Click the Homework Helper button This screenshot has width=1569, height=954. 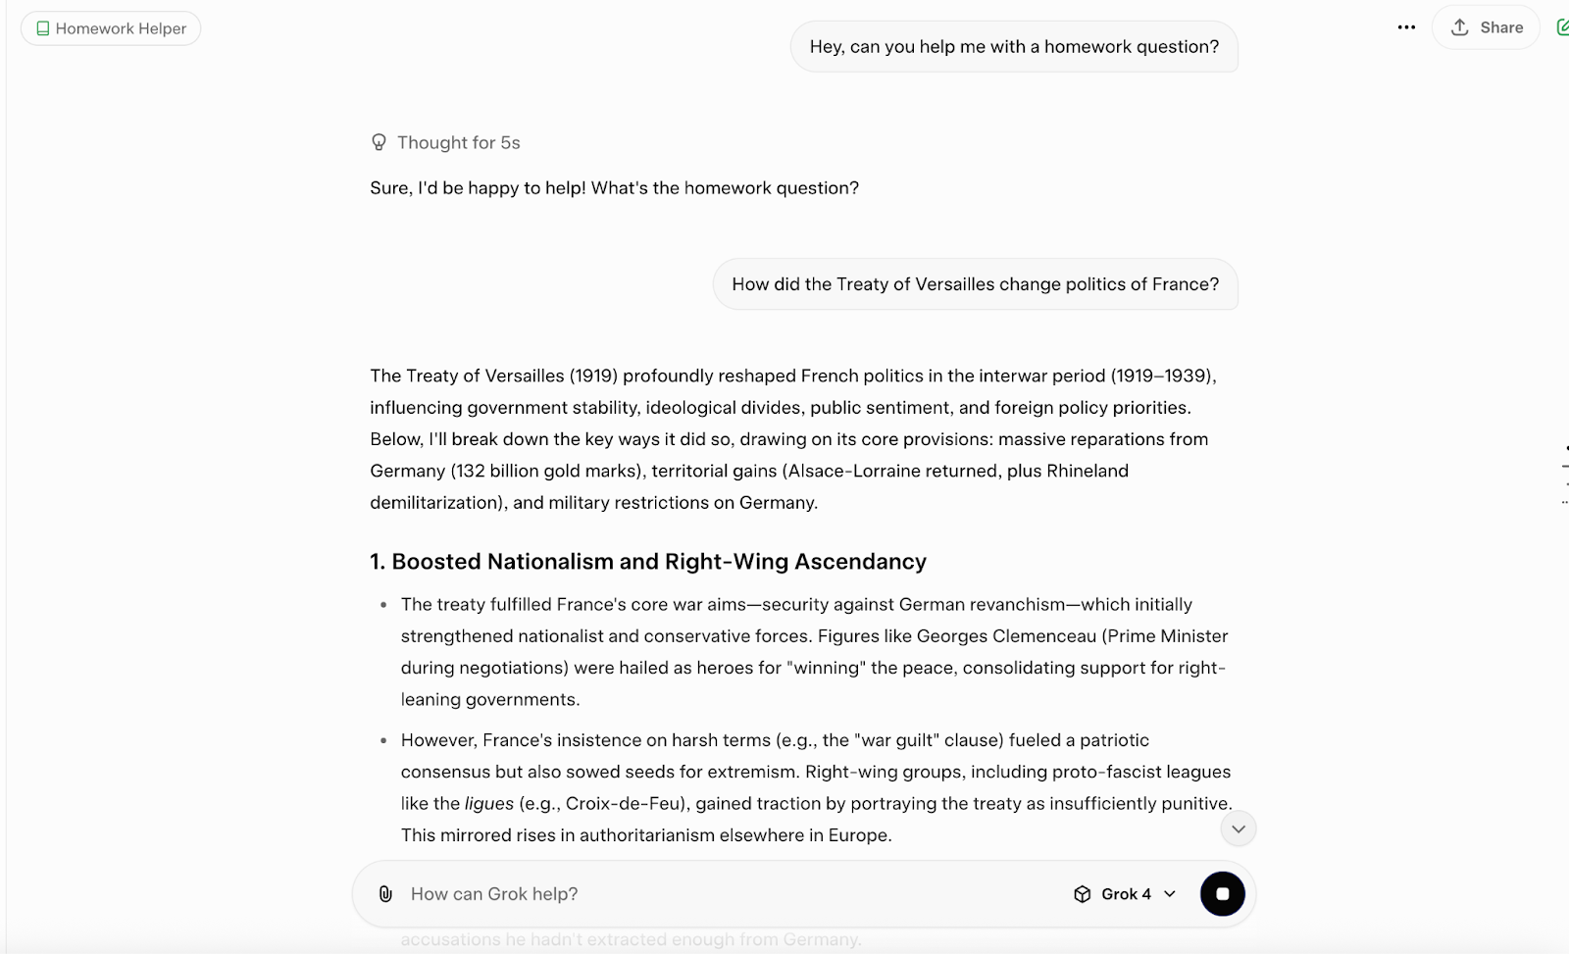[111, 28]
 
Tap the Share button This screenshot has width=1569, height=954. [1487, 27]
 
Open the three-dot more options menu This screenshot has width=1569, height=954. [1406, 27]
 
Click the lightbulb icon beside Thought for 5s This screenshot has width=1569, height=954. [379, 142]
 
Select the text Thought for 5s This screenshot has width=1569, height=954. [458, 142]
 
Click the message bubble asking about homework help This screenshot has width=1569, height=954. [1014, 46]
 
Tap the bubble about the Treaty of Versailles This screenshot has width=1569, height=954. [975, 284]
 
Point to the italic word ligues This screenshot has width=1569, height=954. [488, 804]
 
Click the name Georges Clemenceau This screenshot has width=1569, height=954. [1006, 636]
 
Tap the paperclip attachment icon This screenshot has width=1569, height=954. [385, 894]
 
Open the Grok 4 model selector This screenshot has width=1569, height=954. [1125, 894]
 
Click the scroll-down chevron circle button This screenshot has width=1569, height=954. [1239, 829]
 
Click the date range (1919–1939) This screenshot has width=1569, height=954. [1163, 376]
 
